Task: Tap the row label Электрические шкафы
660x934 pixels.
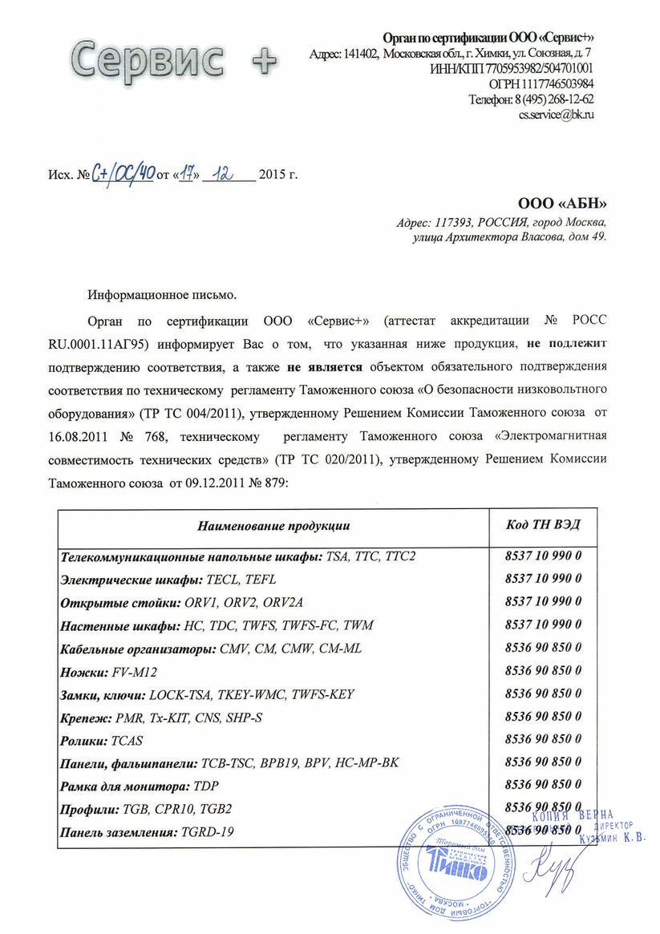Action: pos(132,578)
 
